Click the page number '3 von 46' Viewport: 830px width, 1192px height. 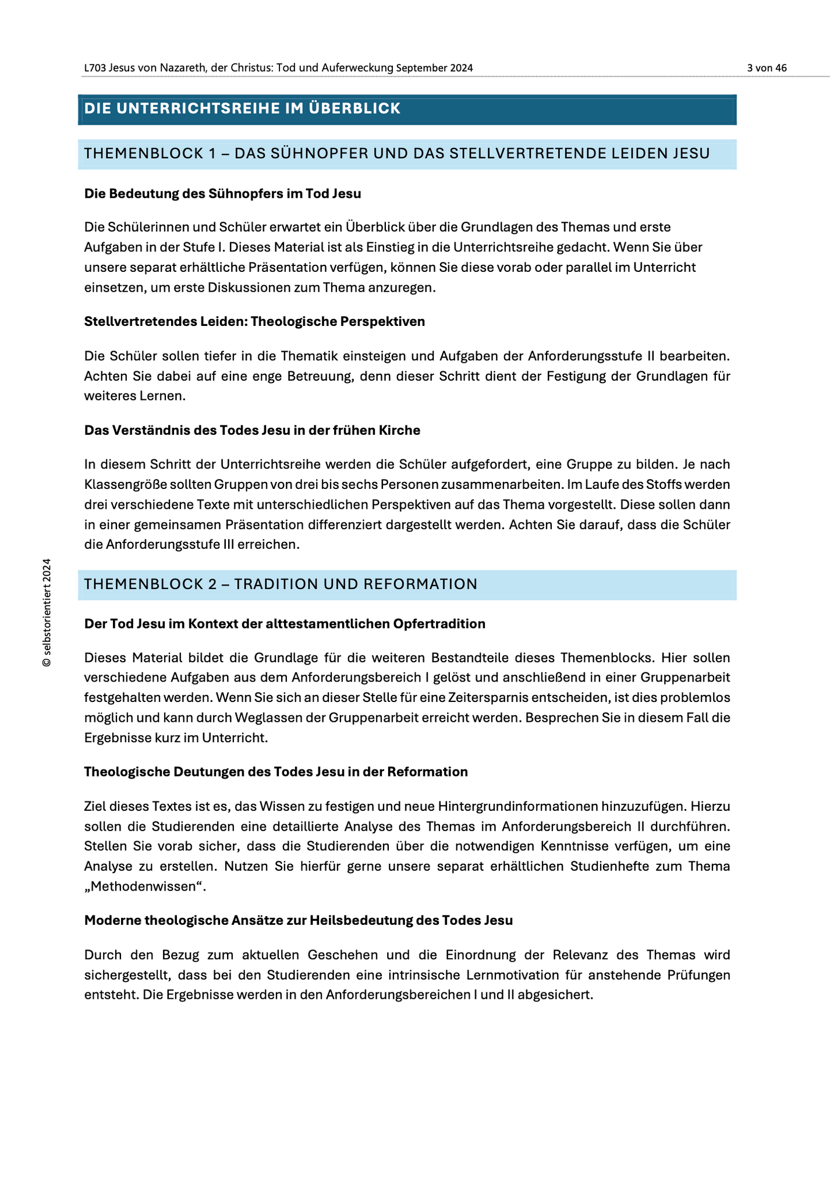[767, 68]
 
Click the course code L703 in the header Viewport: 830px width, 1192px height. [95, 68]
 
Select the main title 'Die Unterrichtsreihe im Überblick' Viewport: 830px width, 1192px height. [242, 109]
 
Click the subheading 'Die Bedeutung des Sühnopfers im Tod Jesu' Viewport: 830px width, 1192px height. [222, 194]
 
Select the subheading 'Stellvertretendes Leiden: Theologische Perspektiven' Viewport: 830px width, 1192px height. [254, 321]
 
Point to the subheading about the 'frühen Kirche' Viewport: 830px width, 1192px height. [252, 430]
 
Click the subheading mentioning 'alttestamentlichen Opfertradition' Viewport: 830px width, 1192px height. [285, 624]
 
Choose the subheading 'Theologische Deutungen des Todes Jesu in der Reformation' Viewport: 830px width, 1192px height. [276, 772]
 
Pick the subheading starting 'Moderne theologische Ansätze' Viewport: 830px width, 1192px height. [299, 920]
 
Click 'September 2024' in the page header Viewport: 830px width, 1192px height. [434, 68]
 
